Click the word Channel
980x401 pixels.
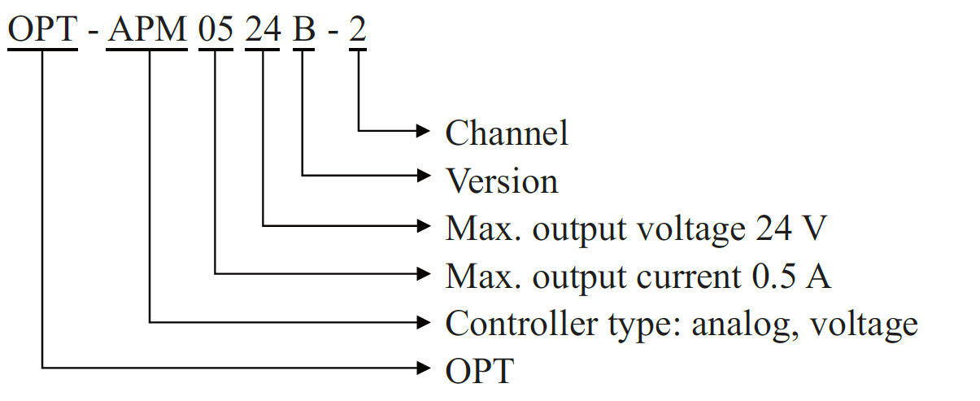coord(506,133)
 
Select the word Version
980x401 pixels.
coord(501,181)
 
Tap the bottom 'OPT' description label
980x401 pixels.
coord(480,371)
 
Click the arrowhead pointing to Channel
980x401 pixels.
coord(422,130)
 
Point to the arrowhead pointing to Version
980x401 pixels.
coord(422,175)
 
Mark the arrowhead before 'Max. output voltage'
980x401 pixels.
coord(422,224)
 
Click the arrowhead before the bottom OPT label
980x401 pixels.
coord(422,368)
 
